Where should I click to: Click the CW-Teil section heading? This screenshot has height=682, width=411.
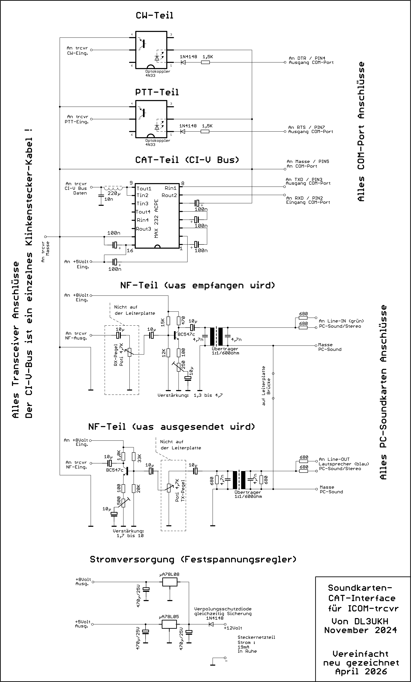pos(155,15)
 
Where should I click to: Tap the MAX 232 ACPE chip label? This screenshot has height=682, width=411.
pos(156,219)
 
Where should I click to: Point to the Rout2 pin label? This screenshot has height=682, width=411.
pos(169,195)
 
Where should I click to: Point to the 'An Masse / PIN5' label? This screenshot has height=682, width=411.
pos(308,161)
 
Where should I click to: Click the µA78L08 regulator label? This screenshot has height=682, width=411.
pos(169,574)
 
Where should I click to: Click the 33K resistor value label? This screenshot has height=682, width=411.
pos(139,458)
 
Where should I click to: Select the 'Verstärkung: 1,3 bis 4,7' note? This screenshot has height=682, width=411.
pos(190,395)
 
